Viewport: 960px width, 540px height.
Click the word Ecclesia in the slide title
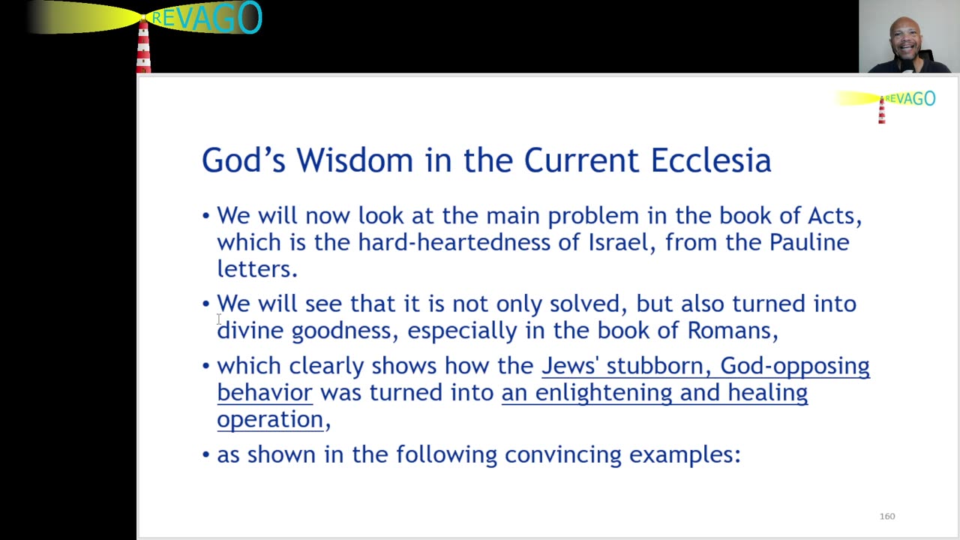(710, 160)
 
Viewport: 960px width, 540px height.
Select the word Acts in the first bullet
(831, 216)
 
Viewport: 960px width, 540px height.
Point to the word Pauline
(809, 242)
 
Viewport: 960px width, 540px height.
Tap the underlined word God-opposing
(794, 366)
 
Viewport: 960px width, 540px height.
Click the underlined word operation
(269, 420)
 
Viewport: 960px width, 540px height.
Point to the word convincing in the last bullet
(562, 454)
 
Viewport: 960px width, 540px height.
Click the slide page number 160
(887, 516)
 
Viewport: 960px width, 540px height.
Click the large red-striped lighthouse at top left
(143, 45)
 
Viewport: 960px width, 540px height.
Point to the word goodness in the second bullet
(341, 331)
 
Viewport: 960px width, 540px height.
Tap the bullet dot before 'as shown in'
(206, 454)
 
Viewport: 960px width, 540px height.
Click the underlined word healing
(767, 393)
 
